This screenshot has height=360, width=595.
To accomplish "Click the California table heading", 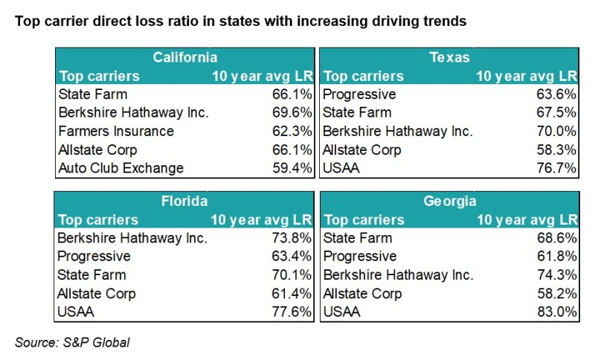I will click(x=185, y=57).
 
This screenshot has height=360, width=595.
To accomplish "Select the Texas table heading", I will click(x=449, y=57).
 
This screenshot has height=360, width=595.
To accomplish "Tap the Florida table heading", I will click(x=185, y=201).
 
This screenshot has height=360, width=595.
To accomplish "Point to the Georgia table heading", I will click(x=449, y=201).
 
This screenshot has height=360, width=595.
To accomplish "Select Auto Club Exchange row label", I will click(x=120, y=168).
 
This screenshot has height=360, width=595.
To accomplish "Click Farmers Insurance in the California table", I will click(x=115, y=131).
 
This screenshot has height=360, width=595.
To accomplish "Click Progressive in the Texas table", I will click(x=361, y=94).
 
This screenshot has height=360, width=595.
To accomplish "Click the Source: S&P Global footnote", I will click(x=73, y=342).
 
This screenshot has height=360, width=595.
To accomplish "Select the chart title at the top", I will click(x=240, y=22).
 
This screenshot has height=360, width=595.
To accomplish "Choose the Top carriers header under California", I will click(x=99, y=76).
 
